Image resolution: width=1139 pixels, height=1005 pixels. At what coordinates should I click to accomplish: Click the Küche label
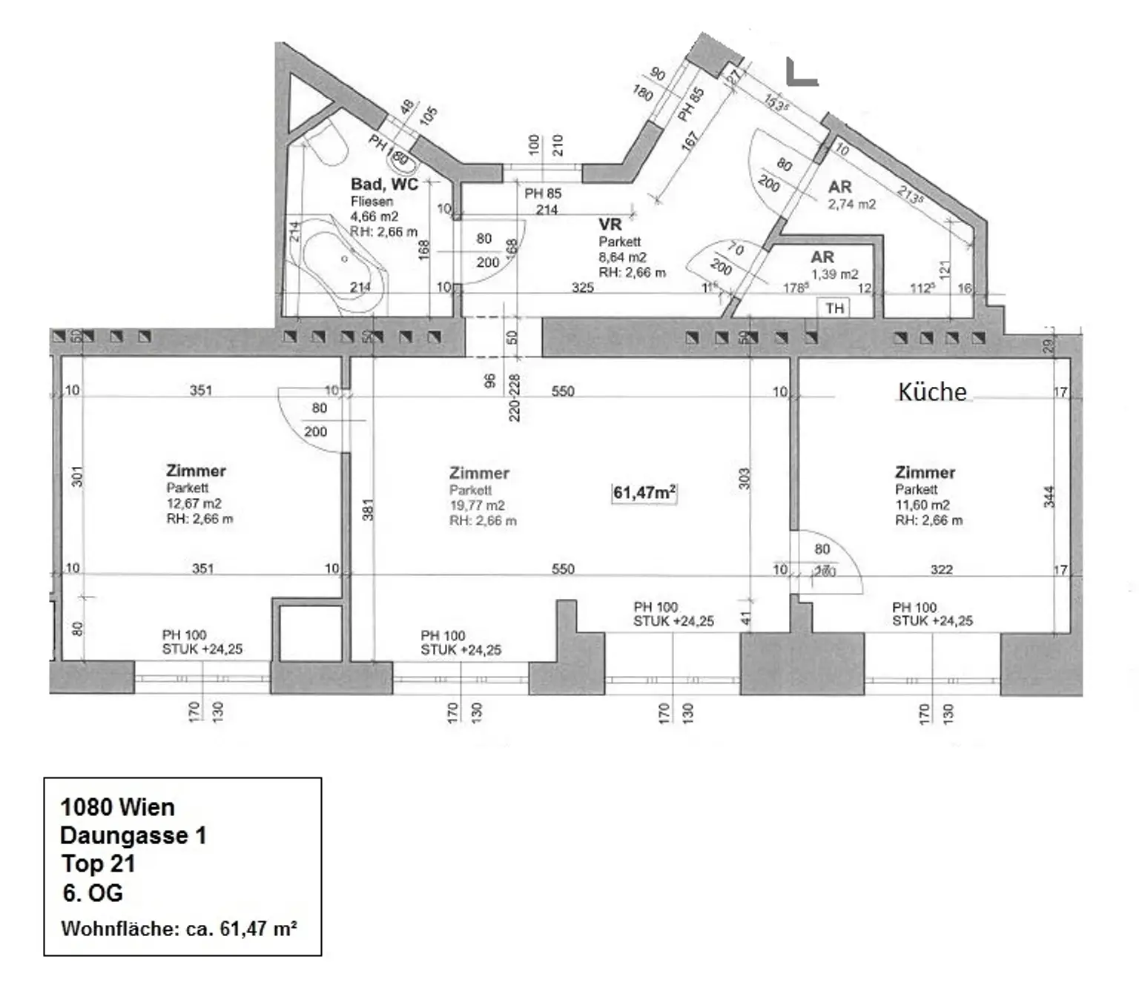pos(932,391)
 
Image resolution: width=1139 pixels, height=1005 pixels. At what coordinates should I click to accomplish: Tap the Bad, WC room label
pos(384,184)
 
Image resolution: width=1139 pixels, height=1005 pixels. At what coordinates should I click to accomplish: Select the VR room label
pos(610,224)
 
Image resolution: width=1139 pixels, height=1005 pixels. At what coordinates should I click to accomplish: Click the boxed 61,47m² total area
pos(644,492)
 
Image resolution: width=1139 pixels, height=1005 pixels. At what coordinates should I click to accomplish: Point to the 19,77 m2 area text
pos(477,505)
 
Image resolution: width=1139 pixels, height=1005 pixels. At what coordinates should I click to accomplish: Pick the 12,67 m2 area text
pos(194,503)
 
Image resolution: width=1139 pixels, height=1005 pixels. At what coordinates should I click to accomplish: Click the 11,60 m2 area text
pos(922,505)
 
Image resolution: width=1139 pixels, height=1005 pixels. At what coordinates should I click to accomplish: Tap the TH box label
pos(834,308)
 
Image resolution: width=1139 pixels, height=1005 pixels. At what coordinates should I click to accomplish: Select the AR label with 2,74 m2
pos(840,187)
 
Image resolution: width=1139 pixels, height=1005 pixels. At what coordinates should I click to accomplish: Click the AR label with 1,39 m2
pos(822,256)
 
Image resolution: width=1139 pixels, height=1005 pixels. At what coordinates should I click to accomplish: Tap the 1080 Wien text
pos(117,807)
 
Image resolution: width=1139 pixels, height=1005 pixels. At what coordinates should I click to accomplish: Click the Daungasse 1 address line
pos(133,835)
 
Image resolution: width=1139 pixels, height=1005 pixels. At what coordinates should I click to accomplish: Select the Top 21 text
pos(98,863)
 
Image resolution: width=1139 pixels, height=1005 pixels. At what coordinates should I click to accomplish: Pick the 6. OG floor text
pos(93,893)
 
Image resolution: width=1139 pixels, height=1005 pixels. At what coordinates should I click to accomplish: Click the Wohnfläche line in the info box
pos(179,929)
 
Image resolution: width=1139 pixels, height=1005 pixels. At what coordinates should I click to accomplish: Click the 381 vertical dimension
pos(368,509)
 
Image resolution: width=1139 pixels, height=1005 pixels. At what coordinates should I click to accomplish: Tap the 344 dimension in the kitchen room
pos(1049,496)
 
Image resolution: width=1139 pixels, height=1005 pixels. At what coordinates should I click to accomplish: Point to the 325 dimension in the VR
pos(582,288)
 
